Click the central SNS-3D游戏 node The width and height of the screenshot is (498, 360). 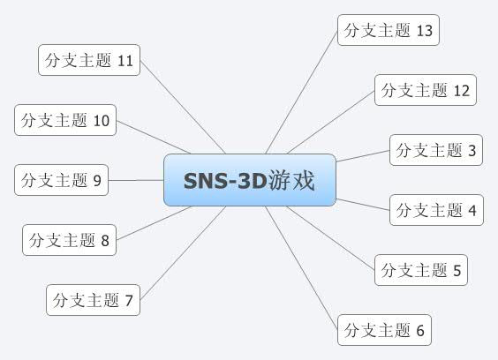pos(250,180)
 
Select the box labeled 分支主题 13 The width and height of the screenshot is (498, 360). pos(388,31)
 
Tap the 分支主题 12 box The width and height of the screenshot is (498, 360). pos(426,90)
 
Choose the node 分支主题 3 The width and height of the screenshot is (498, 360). pos(436,150)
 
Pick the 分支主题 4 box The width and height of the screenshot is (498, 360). pos(436,210)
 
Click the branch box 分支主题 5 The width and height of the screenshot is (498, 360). pos(420,270)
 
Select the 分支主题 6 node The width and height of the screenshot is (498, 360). pos(385,330)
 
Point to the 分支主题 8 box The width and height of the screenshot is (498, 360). pos(69,240)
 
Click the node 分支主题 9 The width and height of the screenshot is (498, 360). pos(60,181)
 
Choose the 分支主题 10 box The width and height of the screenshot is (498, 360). pos(65,121)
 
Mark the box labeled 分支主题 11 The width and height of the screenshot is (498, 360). pos(90,61)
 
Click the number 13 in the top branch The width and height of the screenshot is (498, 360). pos(424,31)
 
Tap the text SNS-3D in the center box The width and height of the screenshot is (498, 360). pos(225,180)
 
